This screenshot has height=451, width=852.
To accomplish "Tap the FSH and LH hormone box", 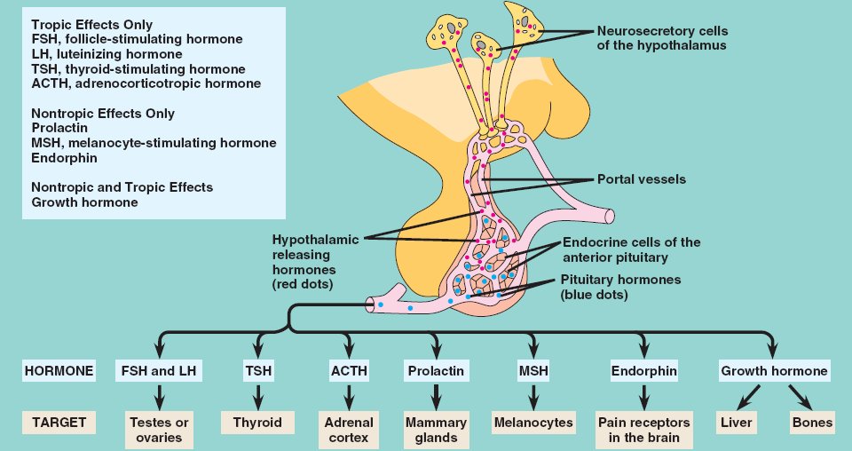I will pyautogui.click(x=161, y=370).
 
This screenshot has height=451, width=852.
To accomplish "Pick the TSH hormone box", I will pyautogui.click(x=256, y=370).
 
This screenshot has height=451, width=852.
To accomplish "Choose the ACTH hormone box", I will pyautogui.click(x=349, y=370).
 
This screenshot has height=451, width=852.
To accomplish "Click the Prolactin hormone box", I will pyautogui.click(x=436, y=370).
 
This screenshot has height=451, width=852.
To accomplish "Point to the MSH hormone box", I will pyautogui.click(x=532, y=370).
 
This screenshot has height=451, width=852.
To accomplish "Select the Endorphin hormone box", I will pyautogui.click(x=644, y=370).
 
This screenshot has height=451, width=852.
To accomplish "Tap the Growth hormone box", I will pyautogui.click(x=774, y=370).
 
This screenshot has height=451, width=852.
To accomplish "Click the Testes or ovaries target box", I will pyautogui.click(x=161, y=430).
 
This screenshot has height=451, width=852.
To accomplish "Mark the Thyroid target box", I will pyautogui.click(x=256, y=423).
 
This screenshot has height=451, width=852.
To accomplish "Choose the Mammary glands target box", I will pyautogui.click(x=436, y=430).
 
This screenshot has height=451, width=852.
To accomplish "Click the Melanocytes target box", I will pyautogui.click(x=532, y=423).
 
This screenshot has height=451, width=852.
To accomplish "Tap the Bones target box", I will pyautogui.click(x=812, y=423).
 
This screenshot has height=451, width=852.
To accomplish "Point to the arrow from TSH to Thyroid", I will pyautogui.click(x=256, y=396).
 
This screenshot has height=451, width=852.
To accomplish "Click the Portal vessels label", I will pyautogui.click(x=642, y=179).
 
